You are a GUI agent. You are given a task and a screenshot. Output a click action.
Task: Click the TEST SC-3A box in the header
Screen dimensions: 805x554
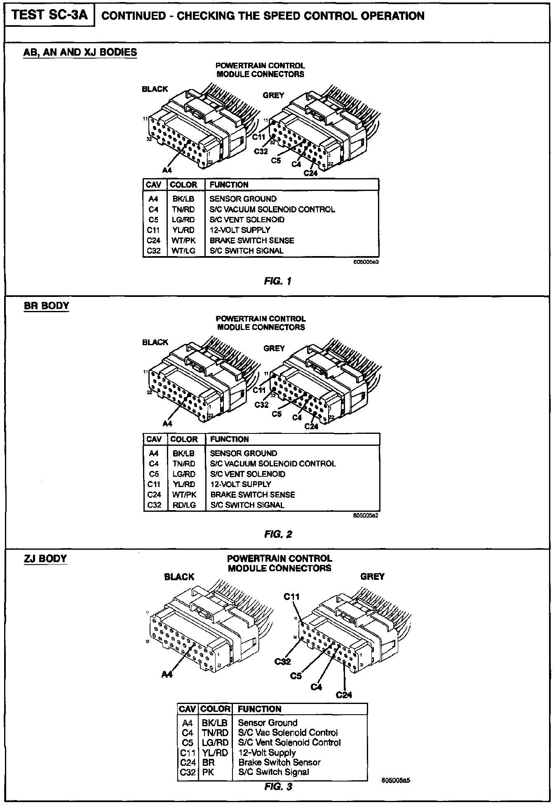(x=50, y=15)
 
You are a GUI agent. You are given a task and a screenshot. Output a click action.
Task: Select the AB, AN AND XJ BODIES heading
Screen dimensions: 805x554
(x=80, y=52)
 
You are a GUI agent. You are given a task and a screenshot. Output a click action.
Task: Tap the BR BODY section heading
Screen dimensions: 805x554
(x=46, y=306)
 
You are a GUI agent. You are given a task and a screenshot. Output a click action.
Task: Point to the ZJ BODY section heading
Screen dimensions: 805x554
(x=45, y=559)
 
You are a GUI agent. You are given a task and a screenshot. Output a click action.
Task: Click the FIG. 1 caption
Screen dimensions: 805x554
(x=278, y=281)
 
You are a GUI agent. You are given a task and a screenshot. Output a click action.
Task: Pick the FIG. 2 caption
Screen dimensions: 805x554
(x=278, y=534)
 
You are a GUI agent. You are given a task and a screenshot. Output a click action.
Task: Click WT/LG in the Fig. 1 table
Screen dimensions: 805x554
(x=183, y=251)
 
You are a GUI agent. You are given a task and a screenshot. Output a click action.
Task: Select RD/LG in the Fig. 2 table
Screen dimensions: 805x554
(x=184, y=505)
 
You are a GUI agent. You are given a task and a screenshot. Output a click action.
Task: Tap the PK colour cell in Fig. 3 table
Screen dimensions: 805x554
(x=208, y=772)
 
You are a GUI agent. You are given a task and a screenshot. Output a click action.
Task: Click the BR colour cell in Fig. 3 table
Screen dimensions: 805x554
(x=208, y=762)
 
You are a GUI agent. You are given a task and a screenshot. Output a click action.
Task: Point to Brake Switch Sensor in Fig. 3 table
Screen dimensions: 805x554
(x=279, y=762)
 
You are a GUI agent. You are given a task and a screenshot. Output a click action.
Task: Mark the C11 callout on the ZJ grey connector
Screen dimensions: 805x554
(x=291, y=596)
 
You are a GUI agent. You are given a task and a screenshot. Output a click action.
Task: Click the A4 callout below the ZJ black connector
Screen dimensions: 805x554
(x=167, y=674)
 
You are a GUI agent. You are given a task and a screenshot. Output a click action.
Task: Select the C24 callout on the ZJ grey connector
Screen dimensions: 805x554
(x=344, y=694)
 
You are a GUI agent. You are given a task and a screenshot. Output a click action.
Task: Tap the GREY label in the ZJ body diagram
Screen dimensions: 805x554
(x=372, y=577)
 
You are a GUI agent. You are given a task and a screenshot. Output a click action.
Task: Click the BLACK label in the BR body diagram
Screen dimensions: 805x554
(x=155, y=342)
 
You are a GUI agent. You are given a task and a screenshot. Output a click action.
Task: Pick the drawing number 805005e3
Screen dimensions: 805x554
(x=366, y=261)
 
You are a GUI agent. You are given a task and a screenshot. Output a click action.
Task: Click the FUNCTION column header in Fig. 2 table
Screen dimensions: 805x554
(x=230, y=439)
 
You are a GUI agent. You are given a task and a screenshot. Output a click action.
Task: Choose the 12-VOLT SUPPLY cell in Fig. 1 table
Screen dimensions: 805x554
(x=240, y=230)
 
